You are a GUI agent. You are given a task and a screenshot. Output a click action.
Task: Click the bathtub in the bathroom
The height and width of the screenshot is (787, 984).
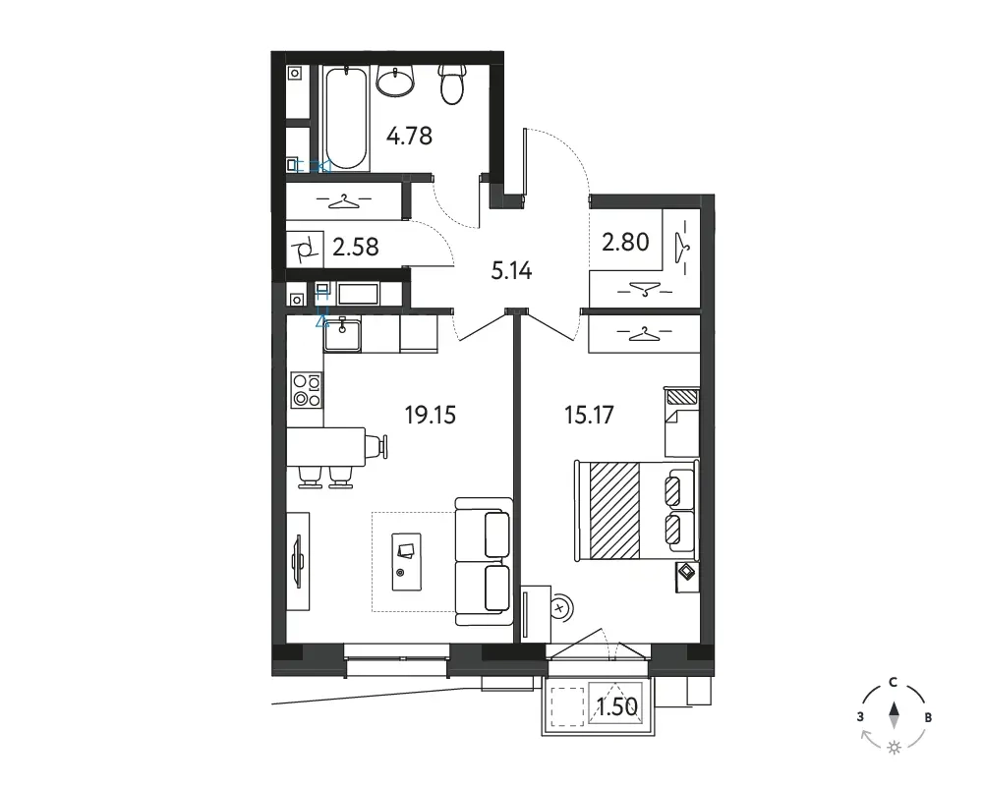tap(346, 117)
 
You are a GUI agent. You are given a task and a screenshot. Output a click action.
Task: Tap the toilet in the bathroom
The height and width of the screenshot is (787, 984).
tap(452, 84)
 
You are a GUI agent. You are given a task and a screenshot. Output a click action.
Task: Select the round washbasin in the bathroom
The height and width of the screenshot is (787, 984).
tap(396, 81)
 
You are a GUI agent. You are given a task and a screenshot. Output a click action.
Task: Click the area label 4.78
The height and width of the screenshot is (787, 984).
tap(409, 136)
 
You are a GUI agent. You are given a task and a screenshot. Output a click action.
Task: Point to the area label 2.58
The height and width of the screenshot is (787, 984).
tap(356, 248)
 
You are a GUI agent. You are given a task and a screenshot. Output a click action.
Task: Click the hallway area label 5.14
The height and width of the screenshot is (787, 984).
tap(511, 271)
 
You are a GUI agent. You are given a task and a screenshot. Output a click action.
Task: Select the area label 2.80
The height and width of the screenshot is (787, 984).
tap(625, 242)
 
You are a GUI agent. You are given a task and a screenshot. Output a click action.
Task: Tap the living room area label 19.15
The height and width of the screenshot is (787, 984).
tap(430, 415)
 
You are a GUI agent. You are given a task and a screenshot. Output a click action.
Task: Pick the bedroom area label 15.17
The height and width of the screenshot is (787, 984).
tap(589, 415)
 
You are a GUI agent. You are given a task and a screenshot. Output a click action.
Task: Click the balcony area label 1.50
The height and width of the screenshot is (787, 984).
tap(617, 707)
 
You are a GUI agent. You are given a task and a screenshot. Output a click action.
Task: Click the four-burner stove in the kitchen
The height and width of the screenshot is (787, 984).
tap(307, 390)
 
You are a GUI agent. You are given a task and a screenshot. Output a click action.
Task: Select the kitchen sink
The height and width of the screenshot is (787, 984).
tap(342, 334)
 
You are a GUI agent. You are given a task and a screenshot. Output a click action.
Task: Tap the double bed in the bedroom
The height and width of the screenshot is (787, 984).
tap(636, 510)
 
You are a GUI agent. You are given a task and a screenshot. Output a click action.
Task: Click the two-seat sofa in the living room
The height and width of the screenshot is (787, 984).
tap(484, 561)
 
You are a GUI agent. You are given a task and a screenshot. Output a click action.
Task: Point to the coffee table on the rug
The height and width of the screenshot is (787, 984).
tap(406, 562)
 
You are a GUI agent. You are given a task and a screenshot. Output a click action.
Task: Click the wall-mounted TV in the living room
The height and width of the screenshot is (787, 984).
tap(299, 561)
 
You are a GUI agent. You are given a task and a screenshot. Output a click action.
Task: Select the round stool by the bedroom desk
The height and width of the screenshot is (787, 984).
tap(559, 607)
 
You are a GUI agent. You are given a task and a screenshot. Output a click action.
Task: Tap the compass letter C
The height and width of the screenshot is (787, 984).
tap(893, 683)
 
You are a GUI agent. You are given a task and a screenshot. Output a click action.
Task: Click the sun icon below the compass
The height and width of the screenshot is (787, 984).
tap(894, 748)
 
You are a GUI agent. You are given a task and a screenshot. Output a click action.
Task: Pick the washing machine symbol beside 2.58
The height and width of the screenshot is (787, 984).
tap(305, 249)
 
